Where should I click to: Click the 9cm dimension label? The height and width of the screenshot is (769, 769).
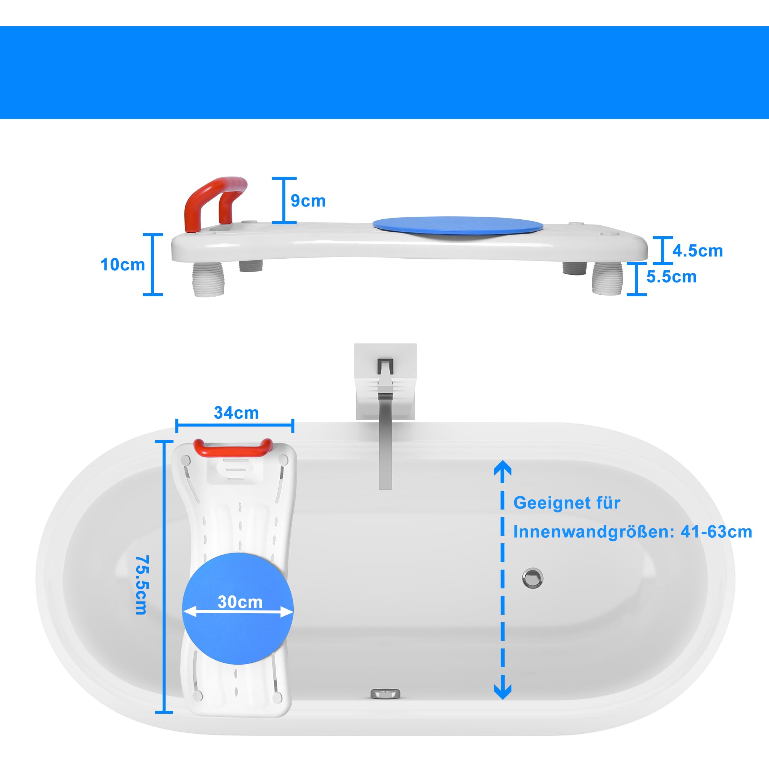click(308, 201)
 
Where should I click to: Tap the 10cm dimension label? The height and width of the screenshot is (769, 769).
click(122, 265)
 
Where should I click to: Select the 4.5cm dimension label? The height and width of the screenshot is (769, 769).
click(698, 251)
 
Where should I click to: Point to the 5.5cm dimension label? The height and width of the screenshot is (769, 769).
click(671, 277)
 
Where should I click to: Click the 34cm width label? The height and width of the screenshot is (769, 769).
click(237, 413)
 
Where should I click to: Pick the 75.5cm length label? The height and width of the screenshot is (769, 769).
click(141, 585)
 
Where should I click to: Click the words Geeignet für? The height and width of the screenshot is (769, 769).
click(567, 503)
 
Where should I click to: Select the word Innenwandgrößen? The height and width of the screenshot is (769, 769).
click(591, 532)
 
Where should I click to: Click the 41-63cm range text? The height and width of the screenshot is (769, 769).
click(716, 532)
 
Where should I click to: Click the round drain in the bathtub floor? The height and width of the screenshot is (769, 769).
click(532, 578)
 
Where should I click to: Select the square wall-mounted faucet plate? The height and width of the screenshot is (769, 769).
click(385, 381)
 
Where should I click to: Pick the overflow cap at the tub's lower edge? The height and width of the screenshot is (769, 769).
click(385, 694)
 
